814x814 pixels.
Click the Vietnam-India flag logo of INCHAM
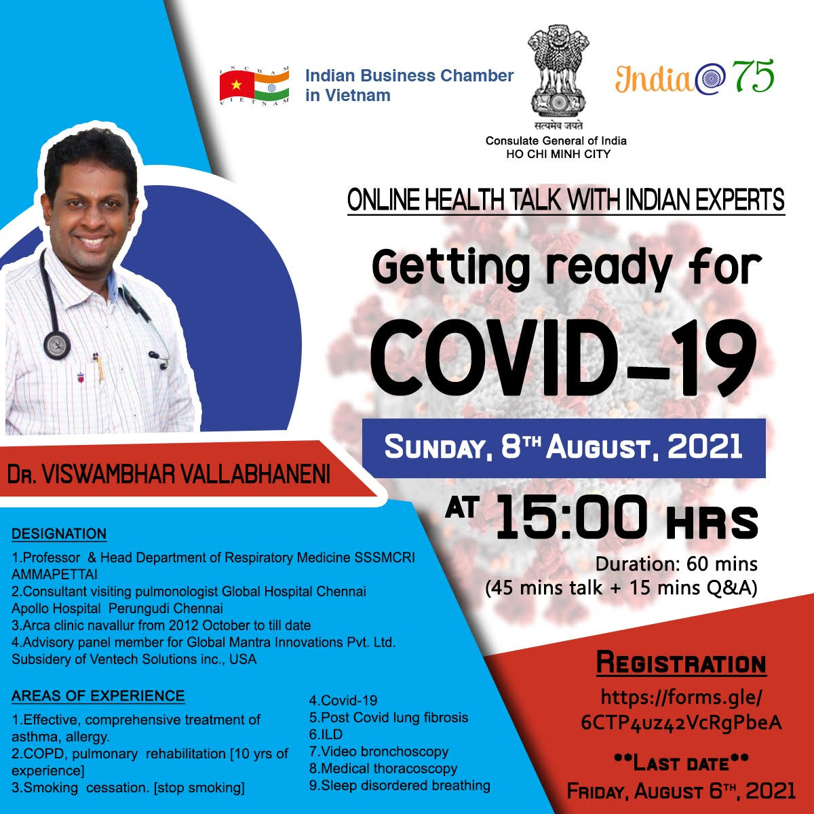point(254,85)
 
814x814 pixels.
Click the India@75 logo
point(695,77)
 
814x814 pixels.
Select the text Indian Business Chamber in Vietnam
point(409,85)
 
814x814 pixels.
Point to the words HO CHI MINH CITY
point(558,154)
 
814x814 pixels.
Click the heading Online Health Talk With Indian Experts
point(566,200)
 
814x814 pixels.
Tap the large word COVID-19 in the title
point(564,358)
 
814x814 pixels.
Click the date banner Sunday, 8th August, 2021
point(564,447)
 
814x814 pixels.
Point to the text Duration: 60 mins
point(676,564)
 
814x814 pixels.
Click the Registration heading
point(681,663)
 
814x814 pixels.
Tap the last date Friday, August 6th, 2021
point(681,790)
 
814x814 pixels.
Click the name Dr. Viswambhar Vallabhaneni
point(168,475)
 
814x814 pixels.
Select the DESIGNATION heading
point(59,534)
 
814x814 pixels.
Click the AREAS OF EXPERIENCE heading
point(98,696)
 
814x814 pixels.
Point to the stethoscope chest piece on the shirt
point(56,345)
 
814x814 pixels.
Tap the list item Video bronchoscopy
point(379,752)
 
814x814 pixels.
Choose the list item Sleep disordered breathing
point(400,786)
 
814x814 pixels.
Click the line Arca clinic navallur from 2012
point(161,625)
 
